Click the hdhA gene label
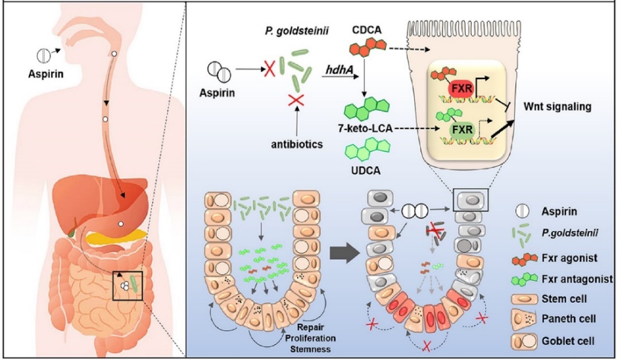339,70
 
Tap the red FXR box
462,88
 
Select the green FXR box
462,130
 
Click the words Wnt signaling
558,107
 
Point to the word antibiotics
297,144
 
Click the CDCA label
366,30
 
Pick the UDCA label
366,171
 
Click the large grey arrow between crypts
344,253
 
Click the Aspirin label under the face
45,73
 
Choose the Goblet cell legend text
568,341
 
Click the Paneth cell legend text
568,318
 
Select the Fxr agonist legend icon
525,258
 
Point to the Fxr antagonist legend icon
525,279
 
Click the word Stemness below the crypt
310,349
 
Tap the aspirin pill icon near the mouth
44,55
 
